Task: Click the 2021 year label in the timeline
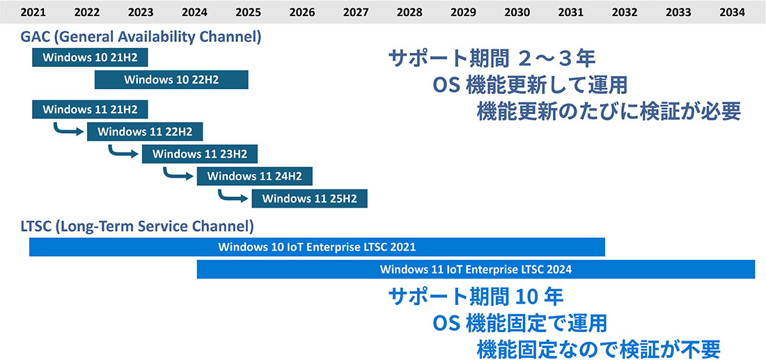click(32, 13)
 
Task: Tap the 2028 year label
click(409, 13)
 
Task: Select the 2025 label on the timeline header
click(248, 13)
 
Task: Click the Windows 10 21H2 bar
click(90, 58)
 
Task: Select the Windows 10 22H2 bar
click(171, 79)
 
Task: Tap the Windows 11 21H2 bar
click(90, 109)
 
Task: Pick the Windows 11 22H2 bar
click(145, 132)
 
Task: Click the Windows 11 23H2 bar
click(200, 155)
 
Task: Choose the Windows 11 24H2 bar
click(254, 176)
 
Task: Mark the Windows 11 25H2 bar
click(309, 199)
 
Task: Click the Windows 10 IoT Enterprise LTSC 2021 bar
click(317, 247)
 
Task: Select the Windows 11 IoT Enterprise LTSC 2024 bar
click(476, 269)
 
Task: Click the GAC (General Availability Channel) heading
click(141, 37)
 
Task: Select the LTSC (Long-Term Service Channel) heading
click(137, 227)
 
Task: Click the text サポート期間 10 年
click(476, 296)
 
